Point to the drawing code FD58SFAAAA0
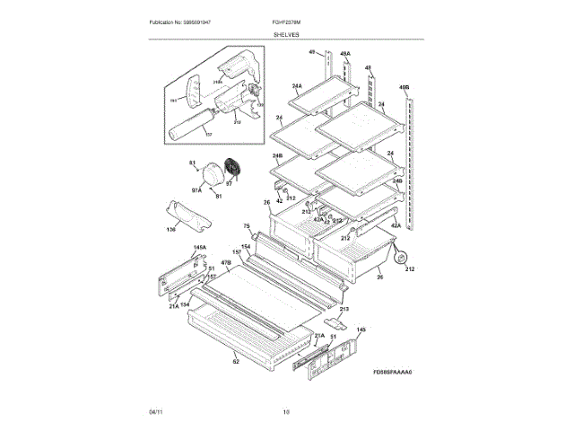tap(398, 372)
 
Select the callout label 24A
tap(296, 86)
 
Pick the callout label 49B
tap(404, 88)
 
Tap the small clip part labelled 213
tap(333, 320)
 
